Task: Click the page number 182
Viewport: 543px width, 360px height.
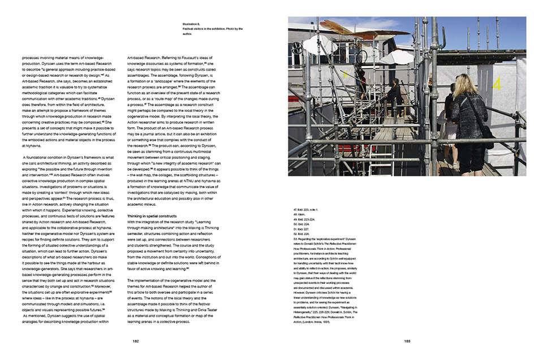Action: coord(136,341)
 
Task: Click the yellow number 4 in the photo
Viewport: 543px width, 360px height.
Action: coord(497,85)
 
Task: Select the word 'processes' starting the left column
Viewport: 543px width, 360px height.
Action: coord(33,58)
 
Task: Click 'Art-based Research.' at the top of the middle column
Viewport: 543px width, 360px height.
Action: coord(148,58)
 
